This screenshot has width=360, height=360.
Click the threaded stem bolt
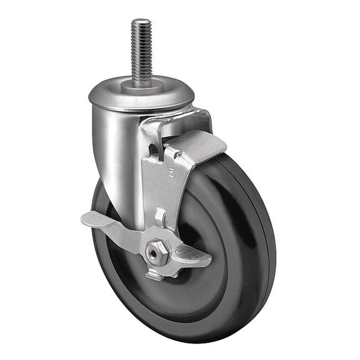pos(141,53)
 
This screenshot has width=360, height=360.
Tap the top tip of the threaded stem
pos(140,22)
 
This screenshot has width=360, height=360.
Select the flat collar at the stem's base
pos(142,85)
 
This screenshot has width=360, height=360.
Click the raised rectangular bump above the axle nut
pos(159,217)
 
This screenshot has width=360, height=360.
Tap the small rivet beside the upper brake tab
pos(177,154)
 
